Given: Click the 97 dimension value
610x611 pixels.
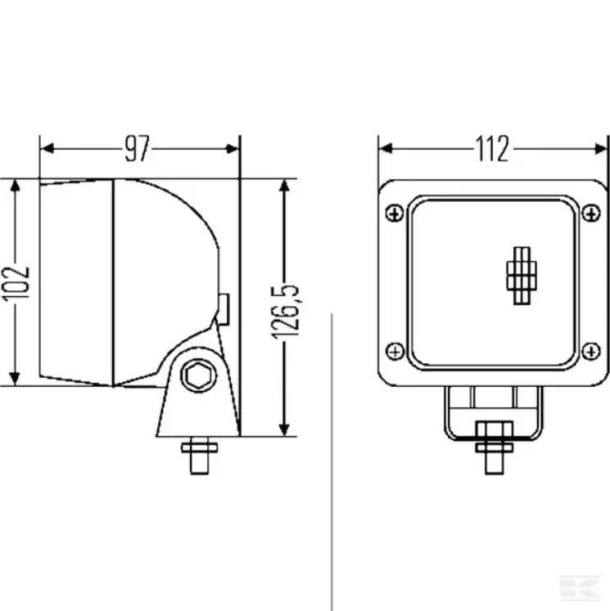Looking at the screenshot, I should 138,149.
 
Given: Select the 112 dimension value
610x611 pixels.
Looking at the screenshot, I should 493,149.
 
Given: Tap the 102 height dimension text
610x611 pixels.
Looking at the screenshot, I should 16,281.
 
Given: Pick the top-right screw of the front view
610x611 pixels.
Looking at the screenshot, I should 591,213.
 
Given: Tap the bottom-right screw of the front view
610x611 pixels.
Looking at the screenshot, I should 591,352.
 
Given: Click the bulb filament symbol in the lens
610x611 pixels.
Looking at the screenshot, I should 520,274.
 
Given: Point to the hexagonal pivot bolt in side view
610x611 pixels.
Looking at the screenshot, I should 196,375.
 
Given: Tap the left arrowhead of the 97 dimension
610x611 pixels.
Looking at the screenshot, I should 47,149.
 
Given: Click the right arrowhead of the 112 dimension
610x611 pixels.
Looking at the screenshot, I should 603,149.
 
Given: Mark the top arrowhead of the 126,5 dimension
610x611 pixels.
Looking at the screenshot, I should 285,186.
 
